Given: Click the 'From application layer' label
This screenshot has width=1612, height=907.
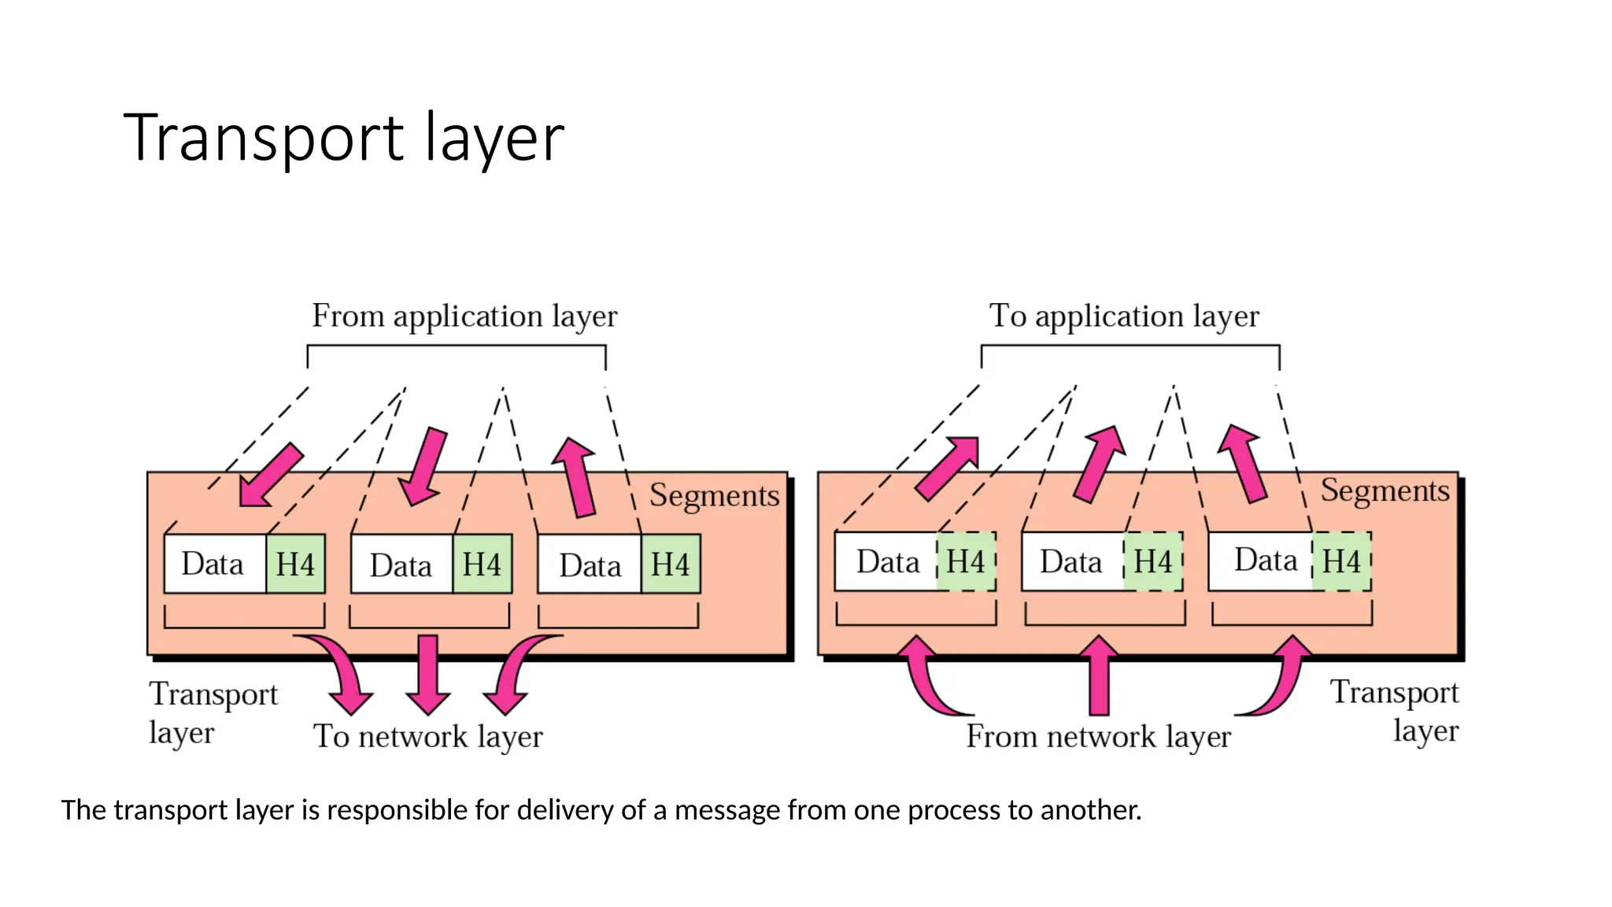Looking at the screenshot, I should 464,317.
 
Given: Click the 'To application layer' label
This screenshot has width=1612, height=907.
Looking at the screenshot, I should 1124,317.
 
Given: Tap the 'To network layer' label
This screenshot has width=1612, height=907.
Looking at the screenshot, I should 428,737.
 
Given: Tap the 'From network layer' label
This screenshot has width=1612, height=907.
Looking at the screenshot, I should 1098,737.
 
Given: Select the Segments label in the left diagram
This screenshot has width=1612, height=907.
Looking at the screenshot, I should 714,496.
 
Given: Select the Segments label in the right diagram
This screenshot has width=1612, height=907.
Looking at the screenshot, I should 1385,491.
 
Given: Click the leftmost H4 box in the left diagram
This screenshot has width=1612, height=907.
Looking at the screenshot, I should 296,565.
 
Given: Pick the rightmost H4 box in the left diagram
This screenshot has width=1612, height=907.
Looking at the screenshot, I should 671,565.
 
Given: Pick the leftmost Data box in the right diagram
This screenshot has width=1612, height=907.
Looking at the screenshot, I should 886,562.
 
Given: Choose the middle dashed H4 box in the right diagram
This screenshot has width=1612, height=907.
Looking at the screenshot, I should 1153,562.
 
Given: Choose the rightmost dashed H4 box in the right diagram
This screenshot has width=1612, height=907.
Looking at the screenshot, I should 1341,561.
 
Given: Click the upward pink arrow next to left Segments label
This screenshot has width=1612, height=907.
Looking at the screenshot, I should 577,476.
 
